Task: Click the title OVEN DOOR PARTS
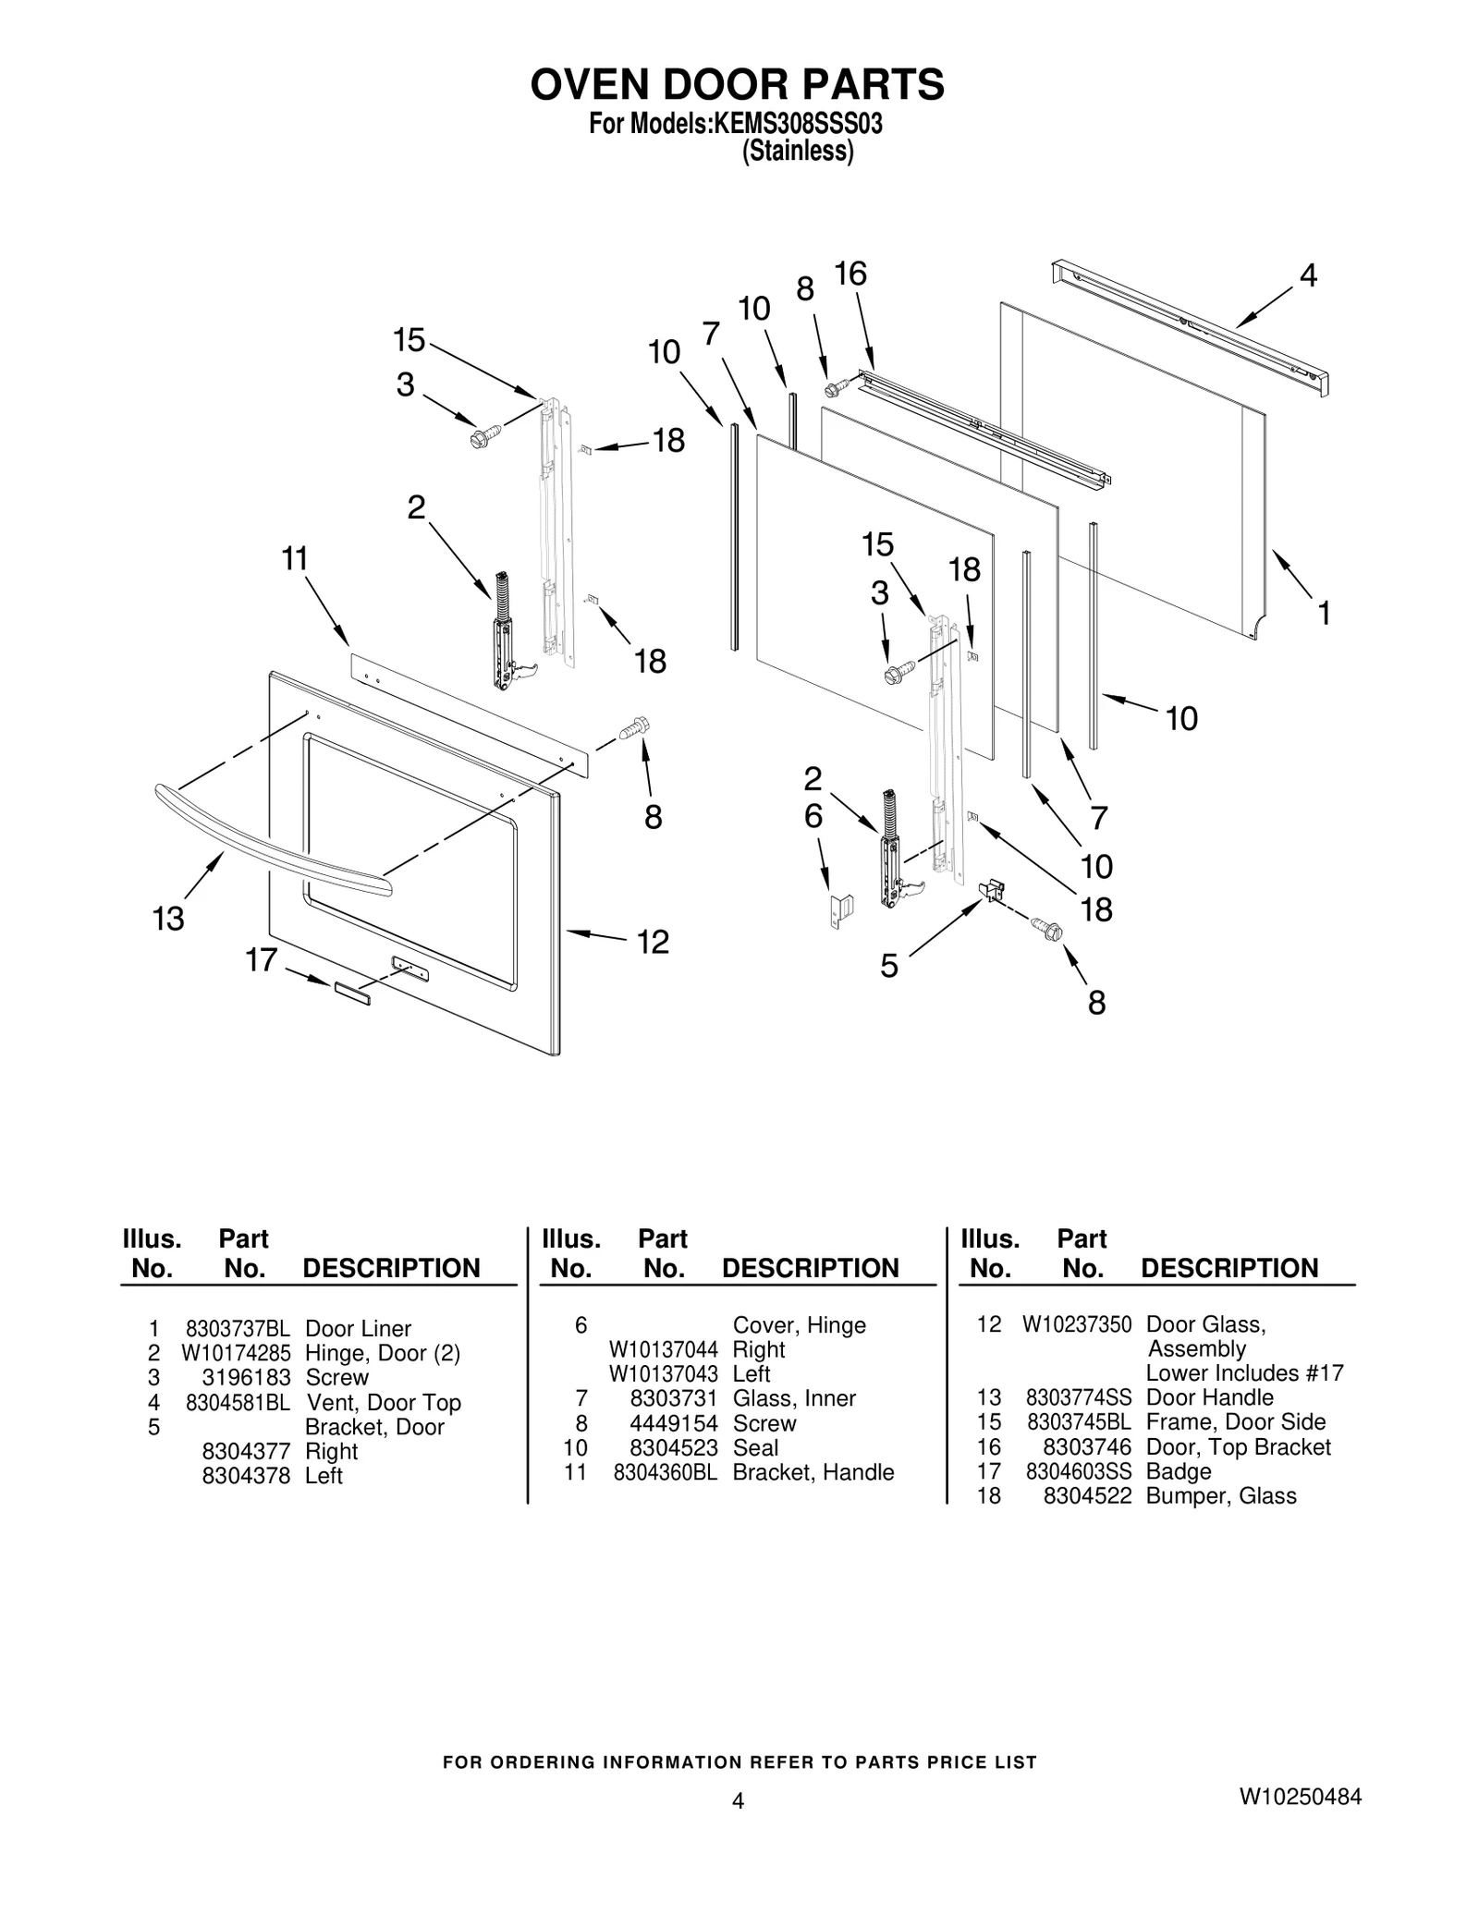pyautogui.click(x=737, y=84)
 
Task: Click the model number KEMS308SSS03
pyautogui.click(x=795, y=124)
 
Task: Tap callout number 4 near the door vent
pyautogui.click(x=1307, y=275)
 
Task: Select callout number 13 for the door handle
pyautogui.click(x=168, y=919)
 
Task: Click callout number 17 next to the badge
pyautogui.click(x=261, y=960)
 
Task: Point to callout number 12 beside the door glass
pyautogui.click(x=653, y=942)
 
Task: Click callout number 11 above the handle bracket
pyautogui.click(x=294, y=559)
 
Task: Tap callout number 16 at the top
pyautogui.click(x=850, y=274)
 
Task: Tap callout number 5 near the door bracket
pyautogui.click(x=888, y=967)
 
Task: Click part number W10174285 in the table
pyautogui.click(x=236, y=1353)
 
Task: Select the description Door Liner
pyautogui.click(x=358, y=1328)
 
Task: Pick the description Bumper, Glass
pyautogui.click(x=1220, y=1495)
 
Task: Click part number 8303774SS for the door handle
pyautogui.click(x=1078, y=1397)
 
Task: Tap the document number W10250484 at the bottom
pyautogui.click(x=1300, y=1797)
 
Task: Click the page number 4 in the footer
pyautogui.click(x=737, y=1800)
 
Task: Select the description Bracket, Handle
pyautogui.click(x=813, y=1471)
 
